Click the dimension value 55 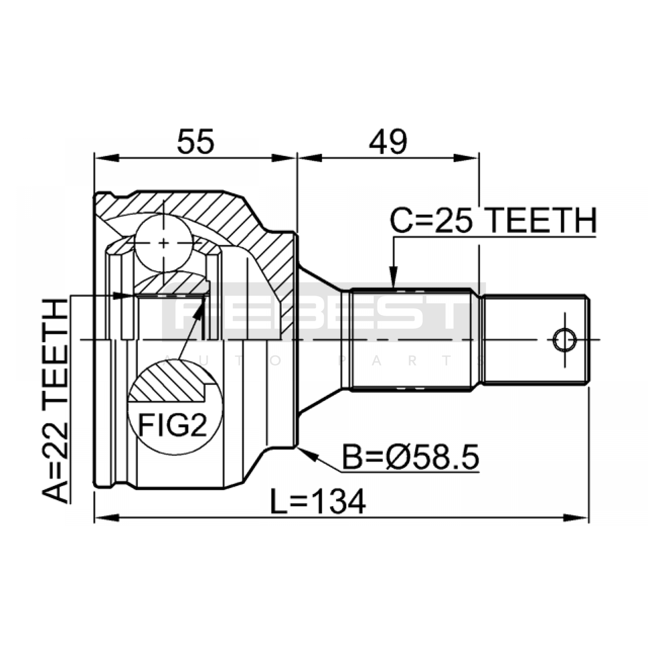point(196,141)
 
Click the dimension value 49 point(388,141)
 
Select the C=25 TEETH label point(494,220)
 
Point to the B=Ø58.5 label point(411,457)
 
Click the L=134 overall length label point(318,501)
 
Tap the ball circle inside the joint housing point(163,243)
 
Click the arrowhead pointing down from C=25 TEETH point(393,277)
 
